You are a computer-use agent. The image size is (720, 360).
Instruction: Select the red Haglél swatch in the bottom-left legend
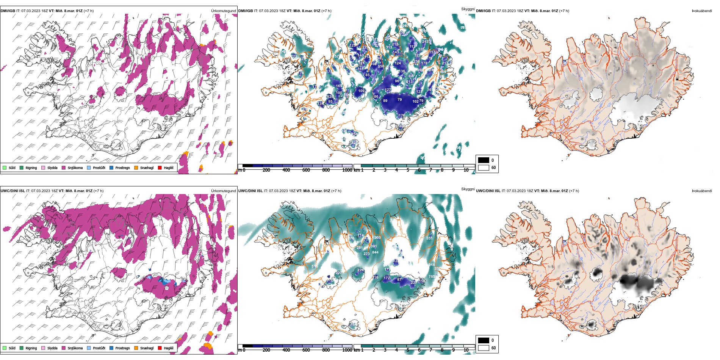click(160, 348)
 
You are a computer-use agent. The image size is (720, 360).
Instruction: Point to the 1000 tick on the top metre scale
click(347, 170)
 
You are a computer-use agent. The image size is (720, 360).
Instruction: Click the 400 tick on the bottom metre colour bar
click(286, 350)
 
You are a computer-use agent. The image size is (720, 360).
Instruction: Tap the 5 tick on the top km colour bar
click(408, 170)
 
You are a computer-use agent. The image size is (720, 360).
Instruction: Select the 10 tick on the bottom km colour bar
click(466, 350)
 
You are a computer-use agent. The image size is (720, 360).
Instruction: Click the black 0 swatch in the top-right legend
click(484, 160)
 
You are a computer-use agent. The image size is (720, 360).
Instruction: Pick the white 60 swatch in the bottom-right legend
click(484, 347)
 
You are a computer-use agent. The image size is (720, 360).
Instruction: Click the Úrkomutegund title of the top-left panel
click(223, 11)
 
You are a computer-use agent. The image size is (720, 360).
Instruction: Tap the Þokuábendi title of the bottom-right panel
click(702, 191)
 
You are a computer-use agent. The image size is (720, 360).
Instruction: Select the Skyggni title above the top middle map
click(468, 9)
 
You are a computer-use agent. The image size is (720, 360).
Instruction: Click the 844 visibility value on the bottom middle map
click(375, 252)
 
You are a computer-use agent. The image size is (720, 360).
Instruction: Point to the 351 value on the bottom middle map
click(429, 238)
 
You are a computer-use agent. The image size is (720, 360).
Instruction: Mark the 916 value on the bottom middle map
click(432, 265)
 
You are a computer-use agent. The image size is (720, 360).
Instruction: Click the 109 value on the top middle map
click(361, 91)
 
